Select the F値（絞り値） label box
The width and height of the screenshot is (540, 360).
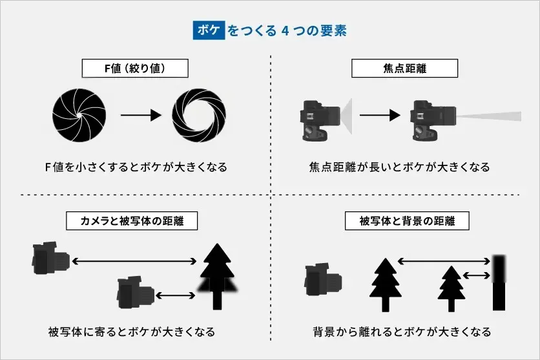click(x=135, y=69)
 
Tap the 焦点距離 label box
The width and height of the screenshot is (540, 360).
click(x=404, y=69)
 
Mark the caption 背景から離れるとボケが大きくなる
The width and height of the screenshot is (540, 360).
click(x=400, y=332)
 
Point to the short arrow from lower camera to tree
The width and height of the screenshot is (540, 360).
click(x=175, y=295)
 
